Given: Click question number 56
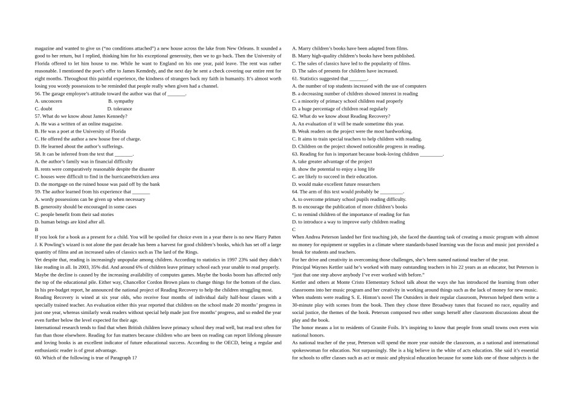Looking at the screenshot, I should [38, 94].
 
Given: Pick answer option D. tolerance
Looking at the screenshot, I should [120, 109].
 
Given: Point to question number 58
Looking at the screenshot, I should [38, 154].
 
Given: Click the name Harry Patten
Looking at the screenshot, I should [266, 237].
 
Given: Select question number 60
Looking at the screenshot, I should [38, 358].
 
